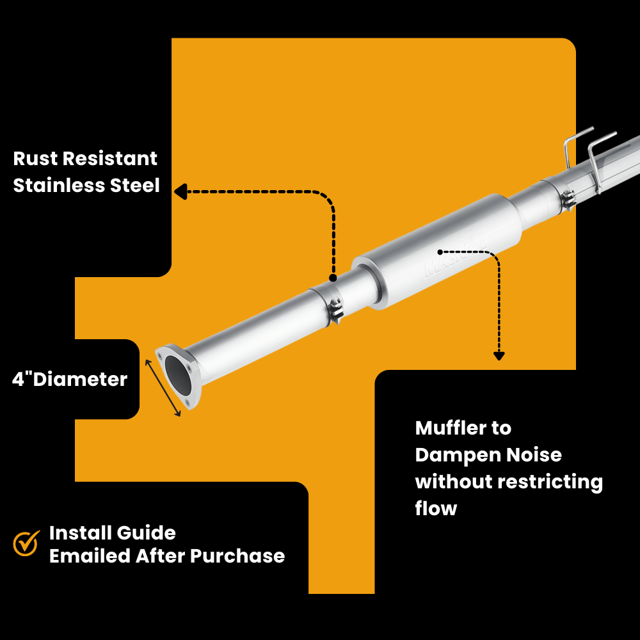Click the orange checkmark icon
[26, 543]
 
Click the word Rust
[36, 159]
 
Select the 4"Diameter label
[70, 380]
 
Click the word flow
[436, 509]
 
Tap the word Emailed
[90, 556]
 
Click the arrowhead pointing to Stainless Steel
[180, 191]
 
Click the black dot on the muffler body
[441, 251]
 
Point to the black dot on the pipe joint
[333, 278]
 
